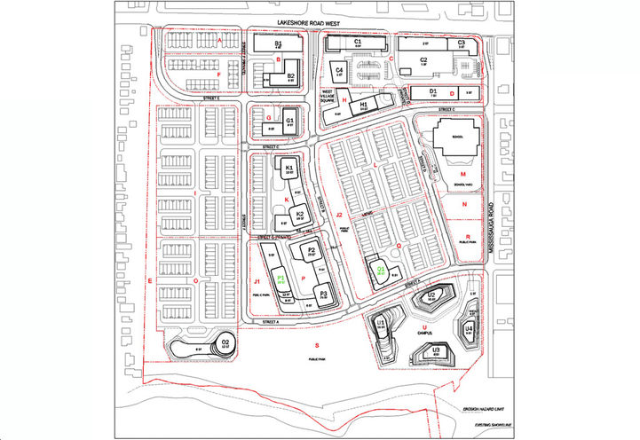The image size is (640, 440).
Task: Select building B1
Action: click(x=278, y=43)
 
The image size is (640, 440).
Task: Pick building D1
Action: click(x=433, y=91)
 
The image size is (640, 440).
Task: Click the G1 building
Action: click(x=289, y=122)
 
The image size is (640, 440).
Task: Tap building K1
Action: click(x=289, y=168)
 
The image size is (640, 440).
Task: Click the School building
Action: click(x=457, y=139)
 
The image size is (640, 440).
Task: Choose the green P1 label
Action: click(x=280, y=279)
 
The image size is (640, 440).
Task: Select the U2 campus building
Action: click(x=431, y=295)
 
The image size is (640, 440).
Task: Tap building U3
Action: click(x=436, y=351)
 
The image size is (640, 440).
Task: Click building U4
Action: click(x=469, y=329)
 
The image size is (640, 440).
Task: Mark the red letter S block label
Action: click(x=316, y=343)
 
